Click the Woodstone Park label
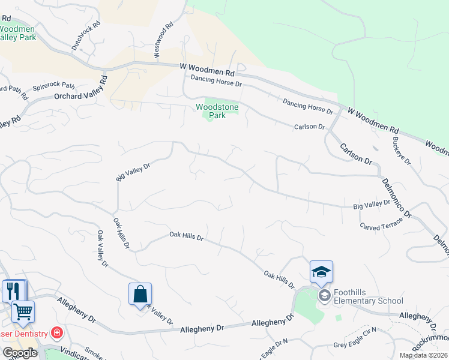(x=217, y=111)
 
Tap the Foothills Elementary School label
(x=369, y=296)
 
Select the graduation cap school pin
(x=321, y=273)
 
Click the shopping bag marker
(x=140, y=295)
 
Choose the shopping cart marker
(x=23, y=311)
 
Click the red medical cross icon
(x=57, y=332)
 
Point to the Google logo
(x=20, y=353)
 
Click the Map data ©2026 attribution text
(x=424, y=355)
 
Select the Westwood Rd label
(x=163, y=40)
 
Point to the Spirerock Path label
(x=53, y=86)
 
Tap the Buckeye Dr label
(x=402, y=151)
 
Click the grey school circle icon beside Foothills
(x=324, y=295)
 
